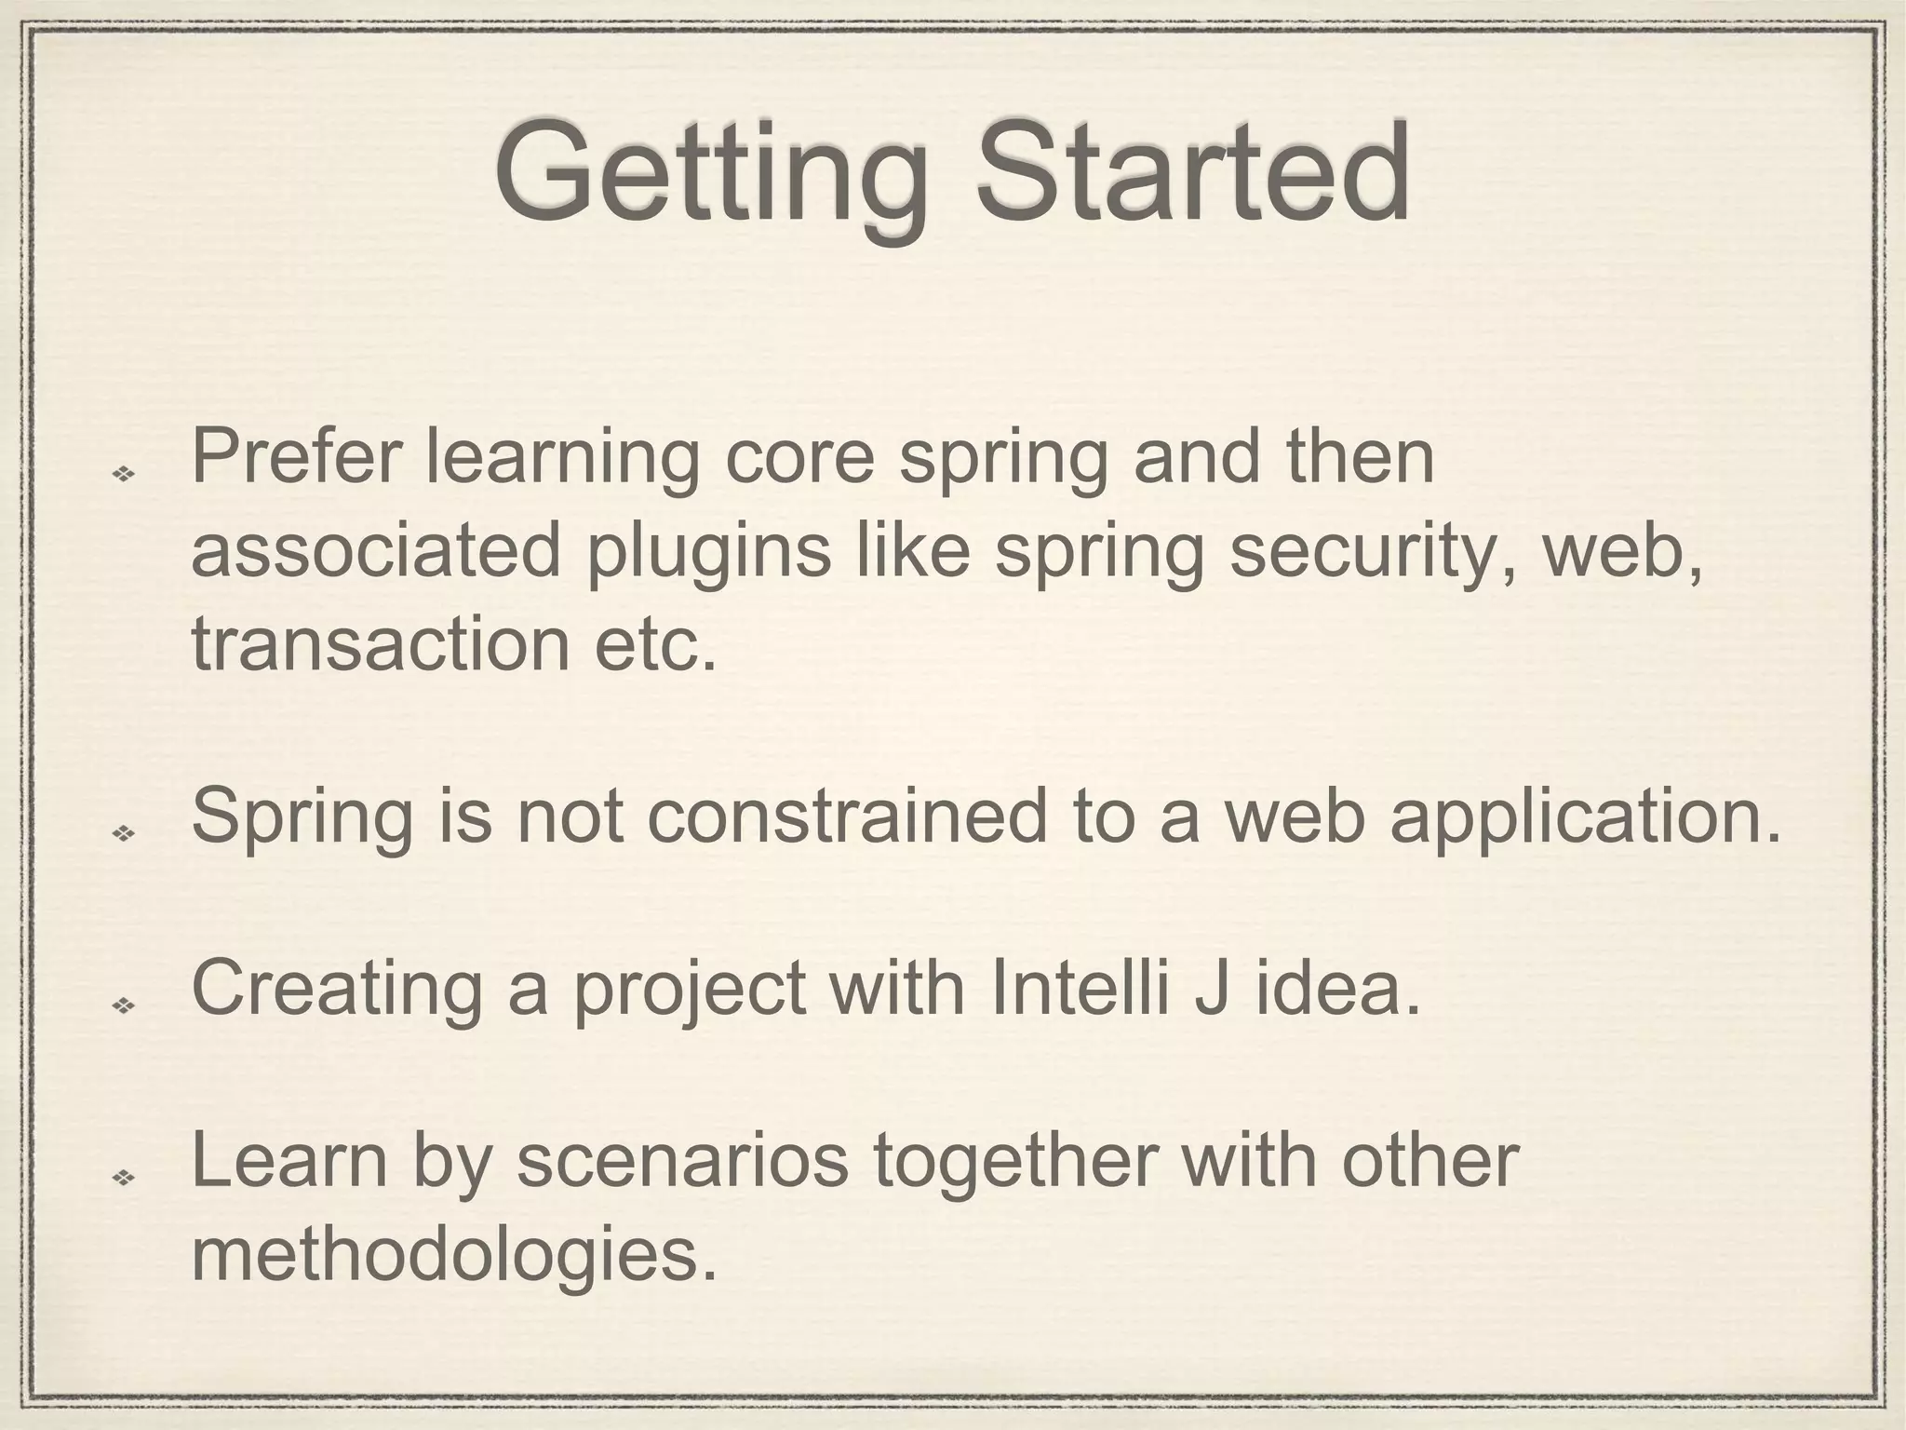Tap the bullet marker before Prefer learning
pos(123,474)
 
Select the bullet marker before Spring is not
pos(123,832)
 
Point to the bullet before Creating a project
pos(123,1005)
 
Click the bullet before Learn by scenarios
pos(123,1178)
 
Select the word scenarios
pos(682,1161)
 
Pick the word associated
pos(376,551)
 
